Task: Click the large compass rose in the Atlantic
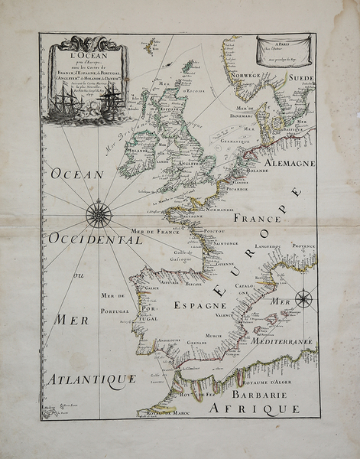(x=99, y=213)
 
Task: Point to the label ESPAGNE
(x=199, y=304)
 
